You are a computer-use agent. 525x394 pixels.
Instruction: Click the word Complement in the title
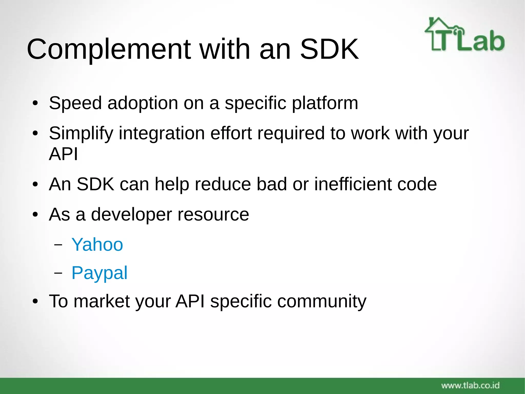point(109,49)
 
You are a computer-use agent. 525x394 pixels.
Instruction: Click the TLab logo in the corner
point(465,35)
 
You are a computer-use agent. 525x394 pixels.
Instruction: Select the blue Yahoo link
point(97,244)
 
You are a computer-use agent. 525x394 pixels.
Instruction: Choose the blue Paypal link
point(99,273)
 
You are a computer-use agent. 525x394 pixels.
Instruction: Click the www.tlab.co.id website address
point(470,385)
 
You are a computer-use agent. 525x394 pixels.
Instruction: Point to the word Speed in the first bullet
point(75,103)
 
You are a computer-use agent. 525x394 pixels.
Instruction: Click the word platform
point(325,103)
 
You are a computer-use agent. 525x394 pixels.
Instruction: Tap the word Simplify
point(81,133)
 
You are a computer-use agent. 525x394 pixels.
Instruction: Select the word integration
point(162,133)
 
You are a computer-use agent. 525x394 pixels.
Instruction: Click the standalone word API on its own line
point(63,154)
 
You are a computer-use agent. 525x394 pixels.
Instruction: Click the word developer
point(131,215)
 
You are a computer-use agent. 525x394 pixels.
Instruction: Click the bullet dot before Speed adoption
point(35,104)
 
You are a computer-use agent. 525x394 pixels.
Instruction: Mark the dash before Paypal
point(58,273)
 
